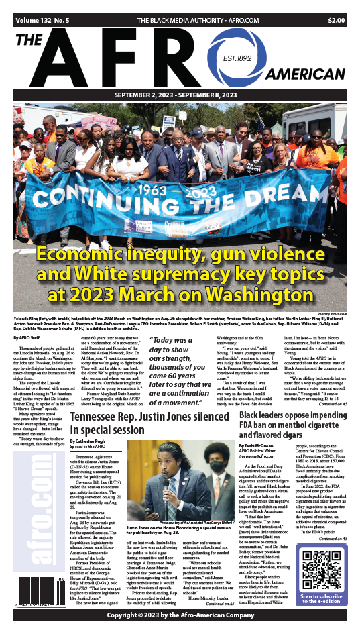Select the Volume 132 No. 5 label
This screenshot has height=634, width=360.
click(39, 21)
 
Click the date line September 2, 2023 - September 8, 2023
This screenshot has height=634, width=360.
click(180, 95)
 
